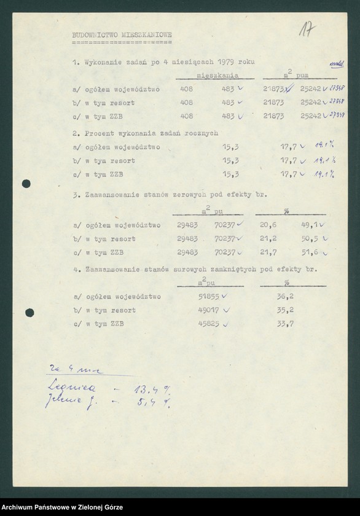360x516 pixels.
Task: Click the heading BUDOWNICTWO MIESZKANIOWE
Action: [122, 36]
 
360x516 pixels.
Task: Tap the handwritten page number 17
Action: [310, 29]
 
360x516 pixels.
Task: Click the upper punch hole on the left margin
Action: [26, 184]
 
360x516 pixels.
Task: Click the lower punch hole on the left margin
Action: [29, 313]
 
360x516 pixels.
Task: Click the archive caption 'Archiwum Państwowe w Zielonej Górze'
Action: [62, 507]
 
